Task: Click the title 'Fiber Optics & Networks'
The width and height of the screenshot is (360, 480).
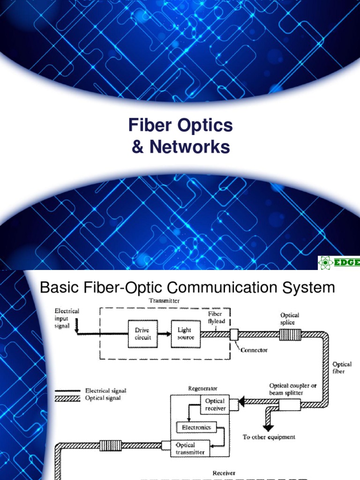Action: pos(180,136)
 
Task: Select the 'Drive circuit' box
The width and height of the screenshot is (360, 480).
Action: pos(140,334)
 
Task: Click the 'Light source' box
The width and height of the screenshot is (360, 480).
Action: pos(185,334)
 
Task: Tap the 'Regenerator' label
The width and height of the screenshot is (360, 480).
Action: pos(202,389)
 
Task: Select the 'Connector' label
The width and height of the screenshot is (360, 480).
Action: pos(253,350)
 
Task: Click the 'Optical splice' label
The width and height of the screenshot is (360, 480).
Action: pos(290,319)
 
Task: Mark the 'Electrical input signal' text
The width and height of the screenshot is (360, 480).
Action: pos(67,318)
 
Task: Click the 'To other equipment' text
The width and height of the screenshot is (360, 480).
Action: pos(269,437)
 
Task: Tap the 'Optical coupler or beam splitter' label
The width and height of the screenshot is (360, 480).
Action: pos(286,389)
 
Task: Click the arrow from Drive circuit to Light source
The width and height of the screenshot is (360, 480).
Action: pos(163,334)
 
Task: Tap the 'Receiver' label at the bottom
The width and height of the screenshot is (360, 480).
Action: pos(224,473)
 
